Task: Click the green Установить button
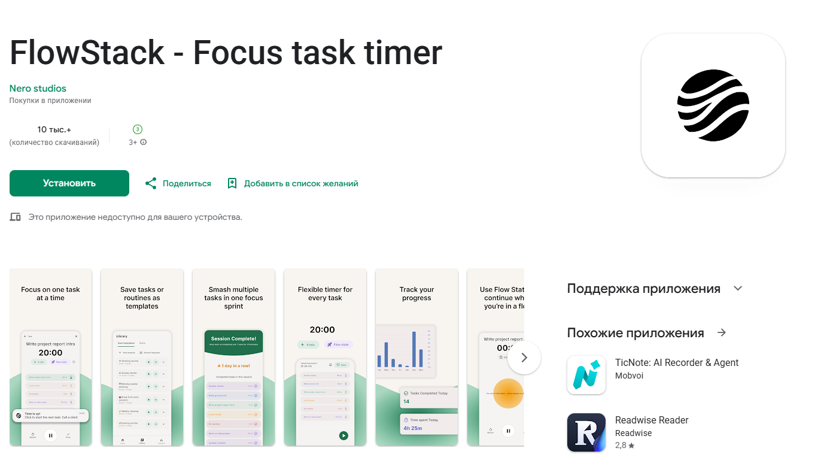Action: pyautogui.click(x=69, y=183)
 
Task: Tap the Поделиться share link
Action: pyautogui.click(x=178, y=183)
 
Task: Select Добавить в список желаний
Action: pyautogui.click(x=293, y=183)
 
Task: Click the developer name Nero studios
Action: pyautogui.click(x=38, y=88)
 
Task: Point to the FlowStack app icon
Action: pyautogui.click(x=713, y=105)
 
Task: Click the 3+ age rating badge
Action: pyautogui.click(x=138, y=129)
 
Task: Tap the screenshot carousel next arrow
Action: pyautogui.click(x=524, y=358)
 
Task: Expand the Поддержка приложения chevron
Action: pyautogui.click(x=738, y=288)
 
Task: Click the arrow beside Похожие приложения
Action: pyautogui.click(x=722, y=332)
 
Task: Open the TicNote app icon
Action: pyautogui.click(x=586, y=375)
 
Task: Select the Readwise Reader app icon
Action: pyautogui.click(x=586, y=432)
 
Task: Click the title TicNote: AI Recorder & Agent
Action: pyautogui.click(x=677, y=362)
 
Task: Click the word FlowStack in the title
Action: pyautogui.click(x=87, y=53)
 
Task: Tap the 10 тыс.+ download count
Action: pyautogui.click(x=54, y=129)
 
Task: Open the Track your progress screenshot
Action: pyautogui.click(x=416, y=357)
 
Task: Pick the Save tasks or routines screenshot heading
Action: pyautogui.click(x=142, y=298)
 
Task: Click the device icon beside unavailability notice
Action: pyautogui.click(x=16, y=217)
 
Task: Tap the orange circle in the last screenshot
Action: pyautogui.click(x=509, y=394)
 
